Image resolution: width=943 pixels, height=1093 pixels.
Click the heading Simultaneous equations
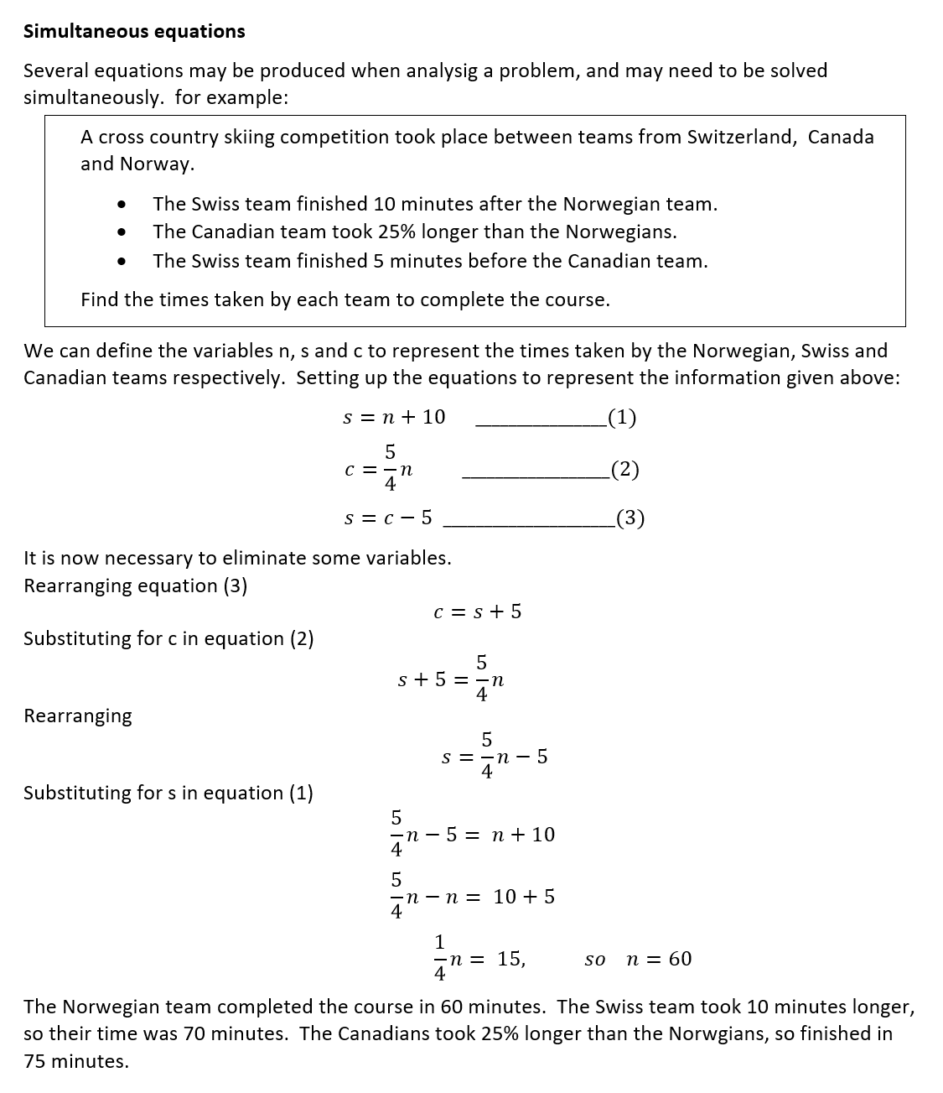click(134, 32)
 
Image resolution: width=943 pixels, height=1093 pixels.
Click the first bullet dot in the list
click(122, 205)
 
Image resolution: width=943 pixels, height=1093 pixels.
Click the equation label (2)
click(624, 470)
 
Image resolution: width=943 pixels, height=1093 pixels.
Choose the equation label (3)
click(630, 519)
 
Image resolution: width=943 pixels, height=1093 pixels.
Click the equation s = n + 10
click(394, 418)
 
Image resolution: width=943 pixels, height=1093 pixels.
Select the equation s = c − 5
click(388, 518)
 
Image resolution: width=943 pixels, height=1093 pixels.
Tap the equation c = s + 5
click(477, 612)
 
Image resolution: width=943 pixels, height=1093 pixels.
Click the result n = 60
click(659, 959)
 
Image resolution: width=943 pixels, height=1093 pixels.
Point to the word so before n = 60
click(594, 960)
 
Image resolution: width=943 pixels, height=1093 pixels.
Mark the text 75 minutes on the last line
click(75, 1062)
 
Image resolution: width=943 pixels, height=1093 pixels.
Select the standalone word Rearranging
click(78, 716)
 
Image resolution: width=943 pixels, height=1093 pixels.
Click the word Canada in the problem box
click(840, 138)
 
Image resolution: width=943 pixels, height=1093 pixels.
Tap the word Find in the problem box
click(100, 300)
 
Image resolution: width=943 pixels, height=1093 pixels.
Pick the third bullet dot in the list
click(122, 262)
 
